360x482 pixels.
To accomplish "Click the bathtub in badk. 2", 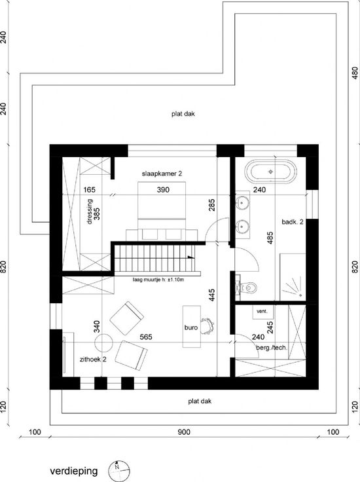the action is [270, 172].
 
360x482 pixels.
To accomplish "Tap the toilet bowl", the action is [249, 288].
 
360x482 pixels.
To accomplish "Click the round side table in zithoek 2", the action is [103, 343].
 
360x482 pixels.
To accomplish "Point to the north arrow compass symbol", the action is [119, 471].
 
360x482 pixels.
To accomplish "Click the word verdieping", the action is [74, 471].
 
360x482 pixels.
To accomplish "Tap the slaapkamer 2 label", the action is [162, 174].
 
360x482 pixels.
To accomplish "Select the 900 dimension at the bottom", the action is [184, 432].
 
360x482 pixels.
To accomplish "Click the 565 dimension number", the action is [146, 337].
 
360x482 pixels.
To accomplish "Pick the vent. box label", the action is [262, 311].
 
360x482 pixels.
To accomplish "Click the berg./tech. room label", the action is [272, 348].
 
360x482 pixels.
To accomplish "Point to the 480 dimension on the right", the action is [355, 73].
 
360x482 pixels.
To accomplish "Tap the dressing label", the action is [90, 212].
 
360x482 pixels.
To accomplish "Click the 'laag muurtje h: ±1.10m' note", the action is [158, 280].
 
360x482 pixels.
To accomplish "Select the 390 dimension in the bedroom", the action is [163, 190].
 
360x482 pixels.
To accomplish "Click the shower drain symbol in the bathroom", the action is [300, 294].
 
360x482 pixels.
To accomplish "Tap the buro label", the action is [191, 327].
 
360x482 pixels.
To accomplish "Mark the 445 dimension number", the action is [211, 295].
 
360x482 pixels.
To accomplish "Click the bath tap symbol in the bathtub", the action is [270, 172].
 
